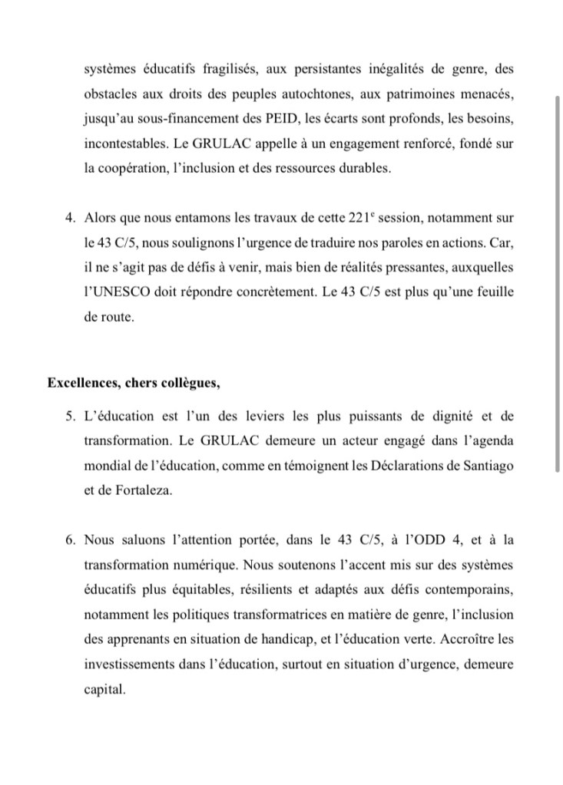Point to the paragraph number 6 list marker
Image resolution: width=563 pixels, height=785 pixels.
click(x=71, y=539)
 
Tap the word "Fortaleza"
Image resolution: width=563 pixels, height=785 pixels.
click(x=141, y=490)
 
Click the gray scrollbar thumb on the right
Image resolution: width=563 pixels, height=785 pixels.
click(x=558, y=284)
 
